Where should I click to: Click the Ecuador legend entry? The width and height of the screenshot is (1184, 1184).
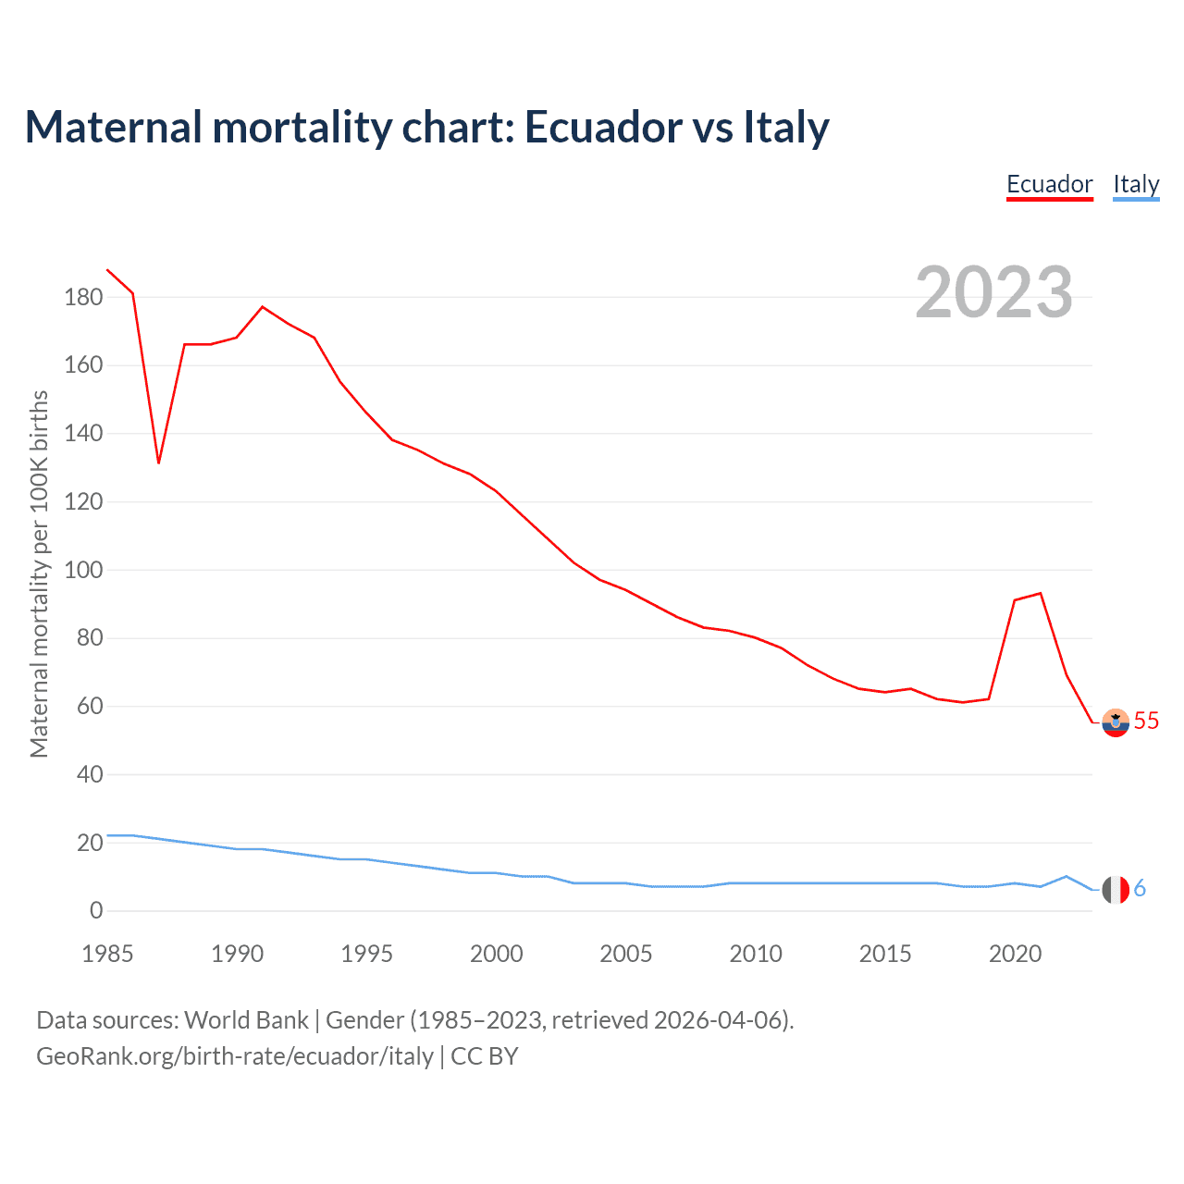[1049, 184]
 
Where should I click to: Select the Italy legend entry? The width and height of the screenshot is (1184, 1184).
[1136, 184]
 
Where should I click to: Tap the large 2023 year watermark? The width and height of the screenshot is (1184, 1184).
[993, 292]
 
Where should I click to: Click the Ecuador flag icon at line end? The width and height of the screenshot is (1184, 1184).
[1116, 722]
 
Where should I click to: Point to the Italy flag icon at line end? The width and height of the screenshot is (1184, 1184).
[1116, 889]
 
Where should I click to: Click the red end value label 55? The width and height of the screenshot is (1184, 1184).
[1146, 721]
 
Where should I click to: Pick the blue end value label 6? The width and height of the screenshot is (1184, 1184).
[1140, 889]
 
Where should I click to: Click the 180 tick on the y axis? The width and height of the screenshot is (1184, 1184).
[83, 298]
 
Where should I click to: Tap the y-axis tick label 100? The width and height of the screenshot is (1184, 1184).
[83, 570]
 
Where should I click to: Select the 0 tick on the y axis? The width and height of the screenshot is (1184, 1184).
[96, 911]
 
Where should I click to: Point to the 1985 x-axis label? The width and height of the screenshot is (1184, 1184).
[107, 954]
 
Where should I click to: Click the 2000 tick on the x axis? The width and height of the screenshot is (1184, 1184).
[496, 954]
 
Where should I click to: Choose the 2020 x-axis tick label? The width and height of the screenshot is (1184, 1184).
[1015, 954]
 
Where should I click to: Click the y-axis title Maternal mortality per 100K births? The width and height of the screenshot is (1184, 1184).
[39, 573]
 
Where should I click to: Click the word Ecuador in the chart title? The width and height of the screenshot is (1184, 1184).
[602, 128]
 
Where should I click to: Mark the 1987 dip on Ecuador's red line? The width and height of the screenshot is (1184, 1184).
[159, 462]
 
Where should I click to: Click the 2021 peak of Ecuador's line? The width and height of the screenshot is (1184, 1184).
[1041, 593]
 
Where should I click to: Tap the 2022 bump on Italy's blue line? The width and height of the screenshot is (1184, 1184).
[1067, 876]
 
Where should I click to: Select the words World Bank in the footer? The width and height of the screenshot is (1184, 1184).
[246, 1020]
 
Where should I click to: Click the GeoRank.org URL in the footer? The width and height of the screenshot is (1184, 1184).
[235, 1056]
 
